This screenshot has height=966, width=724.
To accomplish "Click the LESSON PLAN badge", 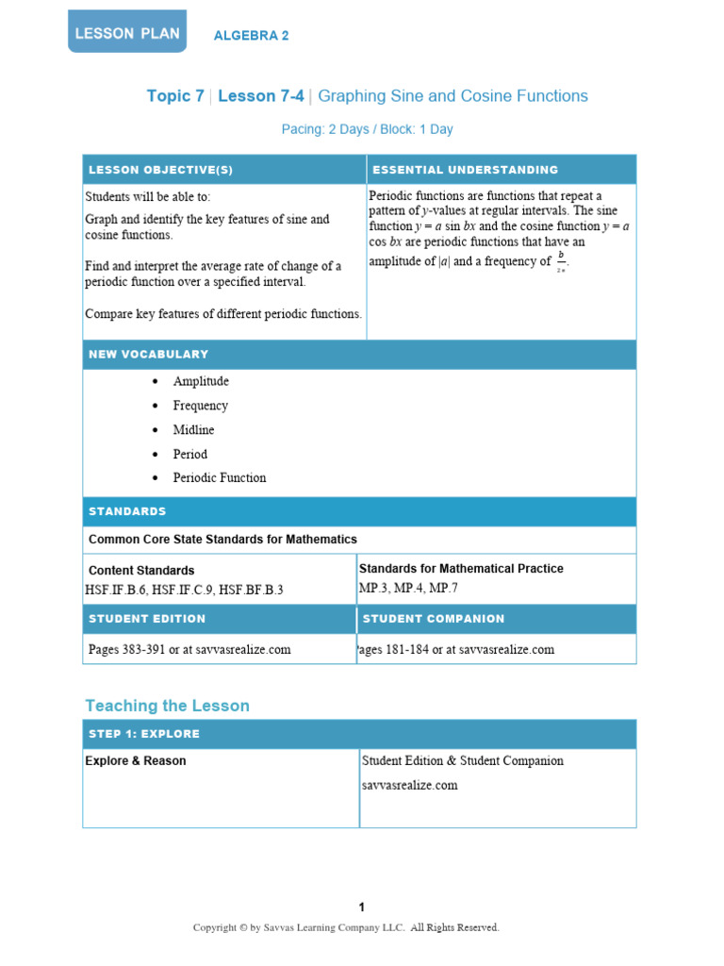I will tap(126, 32).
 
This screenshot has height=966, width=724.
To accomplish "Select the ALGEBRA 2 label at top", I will tap(251, 36).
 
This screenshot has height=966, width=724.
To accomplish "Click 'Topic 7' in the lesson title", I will tap(175, 96).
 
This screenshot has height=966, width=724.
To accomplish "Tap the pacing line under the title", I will tap(367, 129).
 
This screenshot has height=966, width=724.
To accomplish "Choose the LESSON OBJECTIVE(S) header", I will tap(160, 170).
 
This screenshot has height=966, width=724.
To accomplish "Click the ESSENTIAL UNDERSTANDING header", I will tap(466, 170).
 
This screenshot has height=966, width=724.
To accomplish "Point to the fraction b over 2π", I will tap(561, 261).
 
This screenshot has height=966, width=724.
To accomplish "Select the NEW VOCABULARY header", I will tap(148, 355).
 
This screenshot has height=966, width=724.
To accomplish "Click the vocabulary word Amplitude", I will tap(201, 381).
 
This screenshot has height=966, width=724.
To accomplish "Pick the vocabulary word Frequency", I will tap(200, 406).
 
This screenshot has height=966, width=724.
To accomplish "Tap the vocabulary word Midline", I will tap(193, 429).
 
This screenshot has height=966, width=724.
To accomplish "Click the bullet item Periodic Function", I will tap(219, 477).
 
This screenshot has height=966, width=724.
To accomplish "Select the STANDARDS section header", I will tap(127, 511).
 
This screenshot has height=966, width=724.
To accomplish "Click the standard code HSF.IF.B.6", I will tap(116, 590).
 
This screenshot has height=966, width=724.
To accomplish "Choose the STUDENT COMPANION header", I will tap(434, 619).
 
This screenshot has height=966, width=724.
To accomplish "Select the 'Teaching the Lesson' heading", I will tap(167, 706).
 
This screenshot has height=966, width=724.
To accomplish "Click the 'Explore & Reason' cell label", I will tap(136, 760).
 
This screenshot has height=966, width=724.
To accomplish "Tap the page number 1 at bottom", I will tap(361, 908).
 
